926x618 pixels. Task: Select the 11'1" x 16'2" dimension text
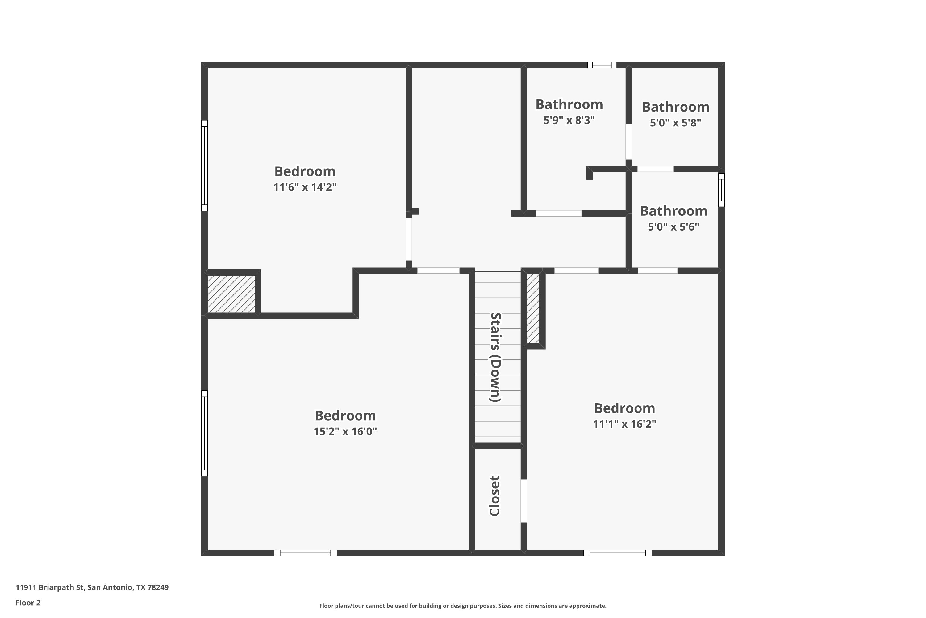(x=624, y=424)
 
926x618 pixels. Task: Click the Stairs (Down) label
(x=495, y=357)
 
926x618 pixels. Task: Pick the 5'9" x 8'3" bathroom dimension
(x=569, y=120)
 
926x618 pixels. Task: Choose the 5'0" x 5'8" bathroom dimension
(x=675, y=123)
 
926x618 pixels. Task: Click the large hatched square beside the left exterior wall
(x=231, y=294)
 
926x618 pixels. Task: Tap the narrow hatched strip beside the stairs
(x=533, y=308)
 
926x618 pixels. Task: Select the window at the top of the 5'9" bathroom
(x=602, y=65)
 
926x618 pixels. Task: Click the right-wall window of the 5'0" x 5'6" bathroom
(x=721, y=190)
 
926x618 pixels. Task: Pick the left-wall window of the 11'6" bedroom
(x=204, y=166)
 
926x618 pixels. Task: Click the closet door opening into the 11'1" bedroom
(x=523, y=501)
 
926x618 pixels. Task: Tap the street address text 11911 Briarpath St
(x=50, y=587)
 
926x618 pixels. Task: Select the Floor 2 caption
(x=28, y=603)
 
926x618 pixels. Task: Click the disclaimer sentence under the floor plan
(x=463, y=606)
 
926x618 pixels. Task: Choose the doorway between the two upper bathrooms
(x=629, y=142)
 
